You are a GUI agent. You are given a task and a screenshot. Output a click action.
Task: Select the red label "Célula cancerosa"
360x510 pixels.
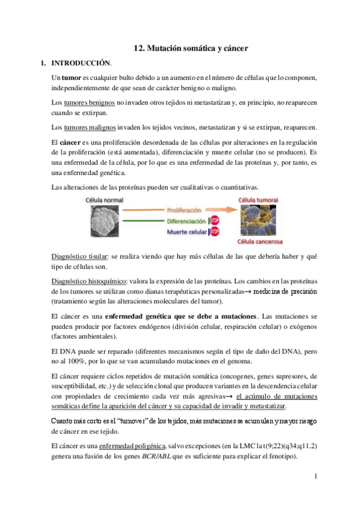(x=260, y=242)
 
